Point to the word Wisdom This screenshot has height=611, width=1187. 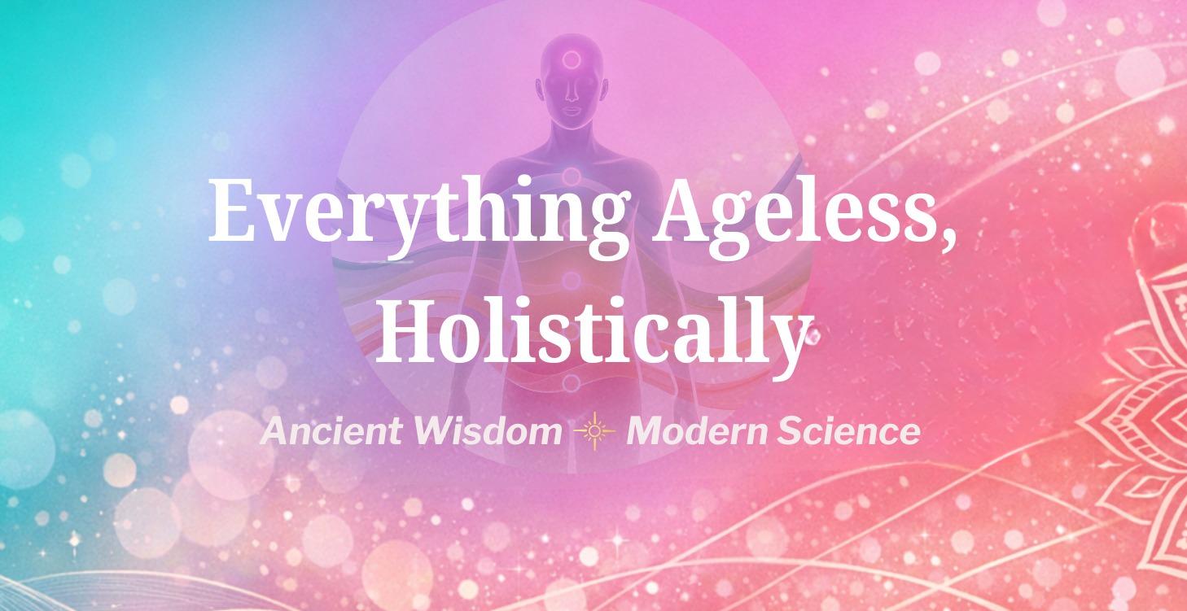coord(487,431)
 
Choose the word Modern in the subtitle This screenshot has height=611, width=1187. coord(696,431)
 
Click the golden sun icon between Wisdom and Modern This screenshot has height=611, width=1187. coord(594,431)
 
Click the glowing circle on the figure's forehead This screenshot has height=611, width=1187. coord(572,59)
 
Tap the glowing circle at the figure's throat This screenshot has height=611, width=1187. coord(572,176)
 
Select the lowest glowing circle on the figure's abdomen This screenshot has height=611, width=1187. coord(572,382)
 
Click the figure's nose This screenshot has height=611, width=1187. coord(572,94)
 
